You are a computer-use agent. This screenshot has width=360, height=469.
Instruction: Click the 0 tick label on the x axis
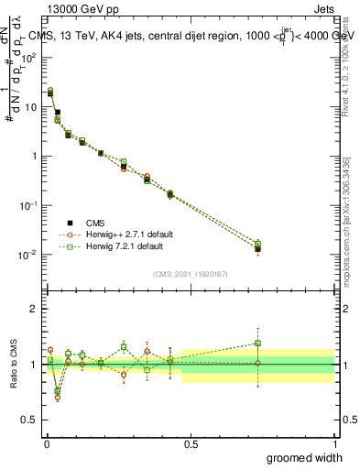(45, 444)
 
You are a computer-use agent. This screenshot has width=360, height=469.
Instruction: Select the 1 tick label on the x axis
(334, 444)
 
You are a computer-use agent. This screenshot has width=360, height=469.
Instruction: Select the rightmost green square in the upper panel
(257, 244)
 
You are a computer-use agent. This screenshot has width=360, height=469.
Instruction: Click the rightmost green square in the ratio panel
(257, 344)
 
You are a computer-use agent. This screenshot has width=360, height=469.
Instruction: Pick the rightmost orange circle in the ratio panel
(257, 364)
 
